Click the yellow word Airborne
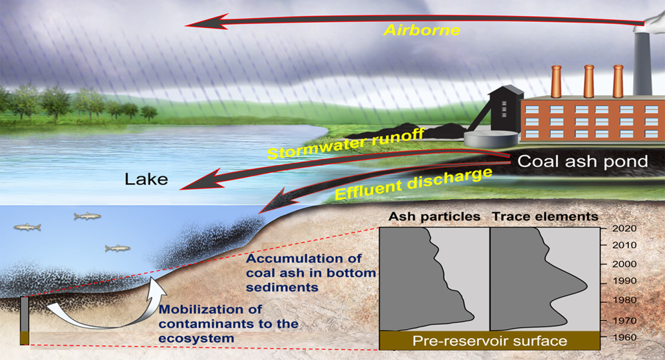(422, 30)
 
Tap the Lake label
(146, 179)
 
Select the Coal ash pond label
(583, 161)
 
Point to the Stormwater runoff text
(346, 144)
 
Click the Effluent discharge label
(414, 184)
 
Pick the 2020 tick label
(624, 228)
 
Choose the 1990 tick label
(624, 281)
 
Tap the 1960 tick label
(624, 337)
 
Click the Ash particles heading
(434, 217)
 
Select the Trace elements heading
(545, 216)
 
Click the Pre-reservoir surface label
(490, 341)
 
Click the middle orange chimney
(589, 81)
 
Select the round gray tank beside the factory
(491, 139)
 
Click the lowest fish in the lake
(118, 248)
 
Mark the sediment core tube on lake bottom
(25, 321)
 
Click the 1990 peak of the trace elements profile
(587, 286)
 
